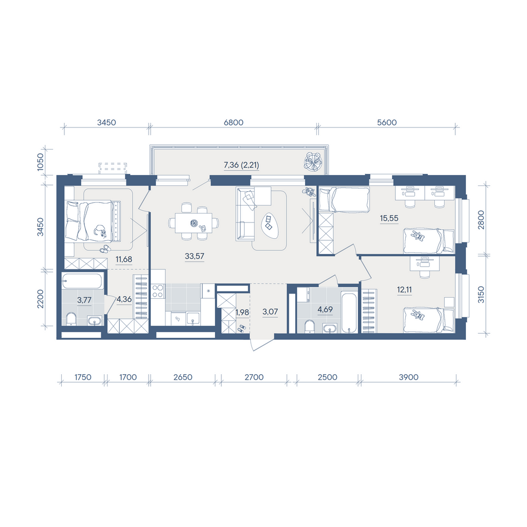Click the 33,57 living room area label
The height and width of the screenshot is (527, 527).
pos(194,256)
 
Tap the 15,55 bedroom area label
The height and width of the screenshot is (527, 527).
pos(389,218)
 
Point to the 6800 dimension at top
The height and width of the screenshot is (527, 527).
pos(233,122)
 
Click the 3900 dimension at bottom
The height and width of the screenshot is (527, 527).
pos(408,377)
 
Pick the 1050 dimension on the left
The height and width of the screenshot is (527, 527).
pos(41,162)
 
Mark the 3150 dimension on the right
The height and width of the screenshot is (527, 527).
pos(481,295)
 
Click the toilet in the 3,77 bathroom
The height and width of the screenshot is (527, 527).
pos(71,319)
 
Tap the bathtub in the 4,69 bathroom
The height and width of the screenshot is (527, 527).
pos(349,313)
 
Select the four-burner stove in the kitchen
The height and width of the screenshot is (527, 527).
pos(158,291)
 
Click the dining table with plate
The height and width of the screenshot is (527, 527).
pos(193,222)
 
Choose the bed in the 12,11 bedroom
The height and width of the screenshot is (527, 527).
pos(429,320)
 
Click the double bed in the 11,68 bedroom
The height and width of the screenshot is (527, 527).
pos(93,221)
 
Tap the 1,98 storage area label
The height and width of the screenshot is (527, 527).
pos(242,312)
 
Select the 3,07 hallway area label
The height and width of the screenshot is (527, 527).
pos(270,311)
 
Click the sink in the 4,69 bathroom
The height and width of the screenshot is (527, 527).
pos(330,328)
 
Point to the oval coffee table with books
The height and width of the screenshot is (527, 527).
pos(270,226)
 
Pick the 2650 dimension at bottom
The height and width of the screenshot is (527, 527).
pos(182,377)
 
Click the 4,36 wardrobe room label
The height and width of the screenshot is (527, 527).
pos(124,299)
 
